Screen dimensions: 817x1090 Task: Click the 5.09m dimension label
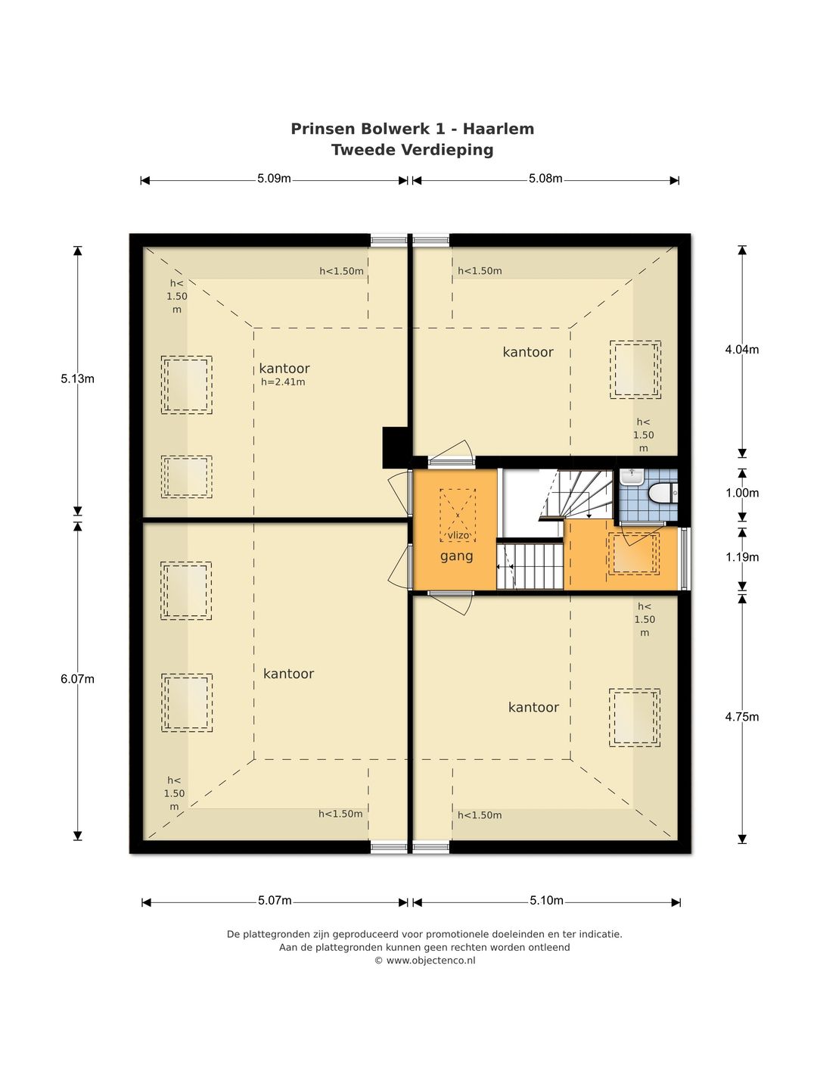click(x=274, y=179)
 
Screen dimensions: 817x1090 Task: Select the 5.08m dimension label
click(x=545, y=179)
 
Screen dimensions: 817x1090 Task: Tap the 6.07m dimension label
click(x=77, y=679)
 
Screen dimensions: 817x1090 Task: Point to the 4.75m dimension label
click(x=742, y=717)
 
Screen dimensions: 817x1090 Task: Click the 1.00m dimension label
click(x=742, y=493)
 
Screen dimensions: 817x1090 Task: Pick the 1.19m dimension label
click(x=742, y=557)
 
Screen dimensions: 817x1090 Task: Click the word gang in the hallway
click(x=456, y=556)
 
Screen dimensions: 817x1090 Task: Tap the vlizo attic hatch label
click(x=458, y=535)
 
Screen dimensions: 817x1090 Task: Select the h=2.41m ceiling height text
click(x=283, y=381)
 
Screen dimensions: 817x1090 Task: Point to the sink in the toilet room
click(x=632, y=478)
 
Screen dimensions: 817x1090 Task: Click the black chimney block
click(x=396, y=447)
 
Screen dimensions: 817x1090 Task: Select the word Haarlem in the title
click(x=499, y=129)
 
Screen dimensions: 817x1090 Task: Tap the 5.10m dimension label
click(x=546, y=900)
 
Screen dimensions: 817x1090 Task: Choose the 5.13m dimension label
click(x=77, y=379)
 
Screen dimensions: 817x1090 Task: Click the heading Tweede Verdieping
click(x=412, y=150)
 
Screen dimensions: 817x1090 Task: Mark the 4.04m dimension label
click(x=742, y=350)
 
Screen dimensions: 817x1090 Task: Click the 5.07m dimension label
click(x=275, y=900)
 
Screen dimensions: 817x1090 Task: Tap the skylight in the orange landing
click(x=633, y=553)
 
